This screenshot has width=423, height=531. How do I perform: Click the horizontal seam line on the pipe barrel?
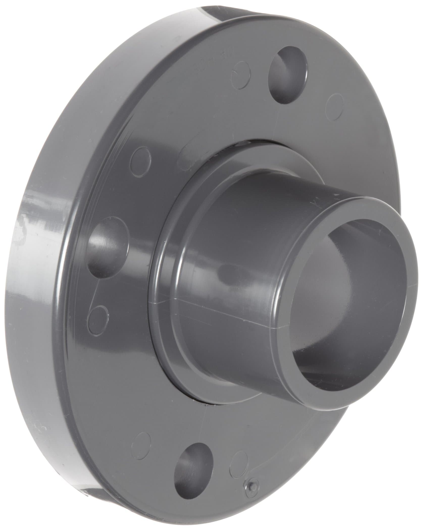[x=227, y=308]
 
